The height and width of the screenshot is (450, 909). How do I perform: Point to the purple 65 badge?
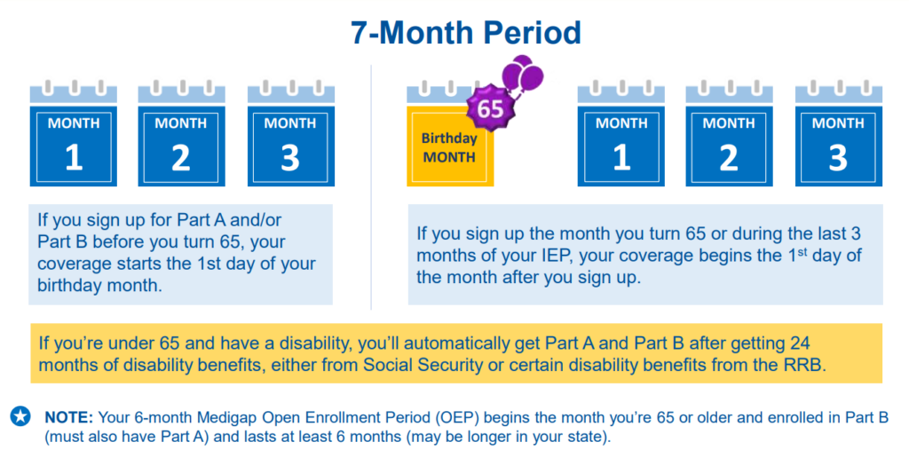pyautogui.click(x=489, y=109)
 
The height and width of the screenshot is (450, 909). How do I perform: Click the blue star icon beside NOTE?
pyautogui.click(x=20, y=415)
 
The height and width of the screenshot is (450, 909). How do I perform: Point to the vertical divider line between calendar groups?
pyautogui.click(x=371, y=186)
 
